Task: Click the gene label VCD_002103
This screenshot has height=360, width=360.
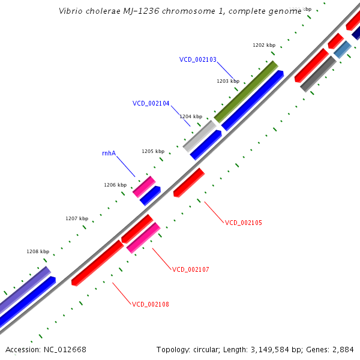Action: [197, 59]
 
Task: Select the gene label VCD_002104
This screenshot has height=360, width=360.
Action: [151, 103]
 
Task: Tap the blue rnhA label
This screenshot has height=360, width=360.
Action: [109, 153]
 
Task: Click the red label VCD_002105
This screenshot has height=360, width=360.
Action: [243, 223]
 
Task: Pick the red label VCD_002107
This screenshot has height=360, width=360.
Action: [190, 269]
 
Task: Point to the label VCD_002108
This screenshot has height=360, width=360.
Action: [150, 304]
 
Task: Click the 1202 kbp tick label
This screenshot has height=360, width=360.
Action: [263, 45]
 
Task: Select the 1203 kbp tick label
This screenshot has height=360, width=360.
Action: [227, 81]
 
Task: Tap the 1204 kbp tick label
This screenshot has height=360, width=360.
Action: [191, 116]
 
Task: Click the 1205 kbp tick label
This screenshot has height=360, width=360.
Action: [152, 151]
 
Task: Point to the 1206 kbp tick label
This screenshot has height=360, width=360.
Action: [115, 185]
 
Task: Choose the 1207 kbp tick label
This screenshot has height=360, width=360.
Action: [76, 218]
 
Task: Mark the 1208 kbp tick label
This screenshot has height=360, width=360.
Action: [38, 251]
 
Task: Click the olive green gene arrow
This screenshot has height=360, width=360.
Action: [246, 91]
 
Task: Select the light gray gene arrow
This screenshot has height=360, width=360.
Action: [199, 136]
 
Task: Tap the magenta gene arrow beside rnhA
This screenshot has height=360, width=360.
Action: [144, 187]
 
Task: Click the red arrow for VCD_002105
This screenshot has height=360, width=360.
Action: [189, 182]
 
